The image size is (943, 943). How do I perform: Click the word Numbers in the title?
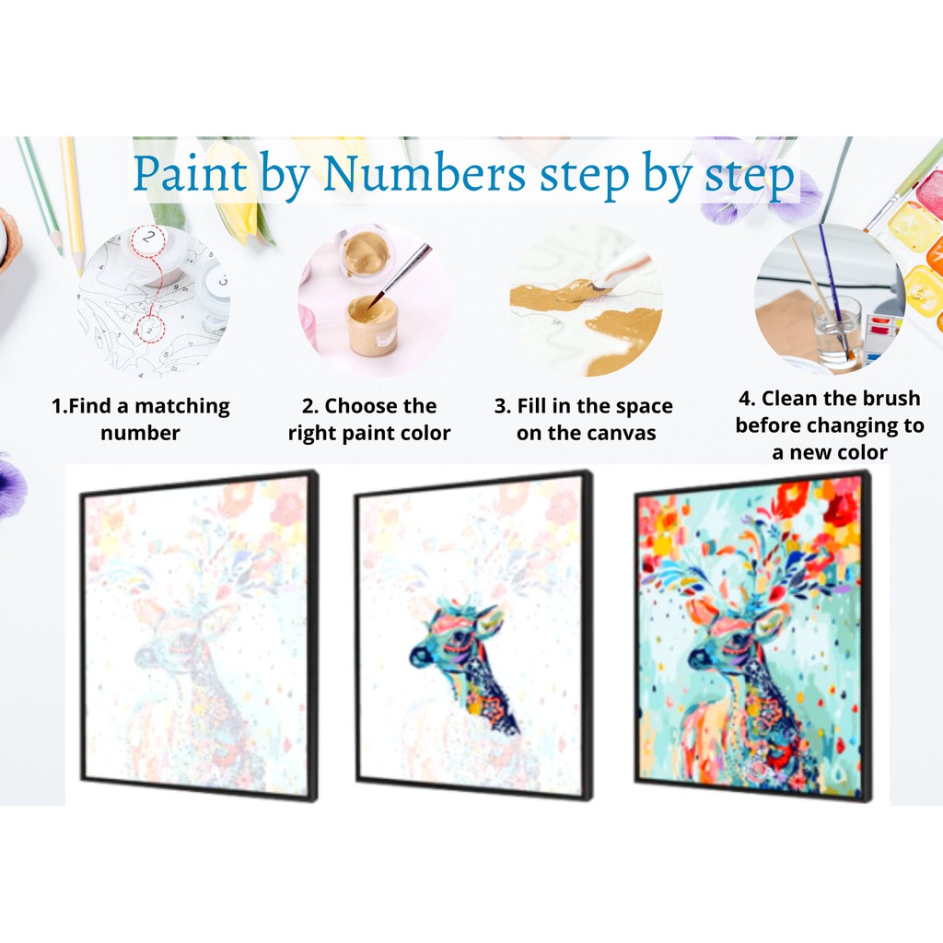click(425, 174)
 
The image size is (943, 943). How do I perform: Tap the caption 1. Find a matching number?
click(141, 419)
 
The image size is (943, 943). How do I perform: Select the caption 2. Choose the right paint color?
click(368, 419)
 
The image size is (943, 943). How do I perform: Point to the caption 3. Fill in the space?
click(583, 419)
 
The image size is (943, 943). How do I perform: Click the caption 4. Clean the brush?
click(830, 425)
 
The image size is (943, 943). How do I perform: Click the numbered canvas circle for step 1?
click(154, 301)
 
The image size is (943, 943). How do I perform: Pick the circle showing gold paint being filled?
click(587, 301)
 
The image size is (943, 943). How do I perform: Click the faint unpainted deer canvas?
click(199, 636)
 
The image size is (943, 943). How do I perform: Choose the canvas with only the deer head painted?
click(474, 636)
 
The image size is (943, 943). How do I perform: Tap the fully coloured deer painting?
click(753, 636)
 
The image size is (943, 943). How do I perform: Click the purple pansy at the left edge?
click(12, 484)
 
